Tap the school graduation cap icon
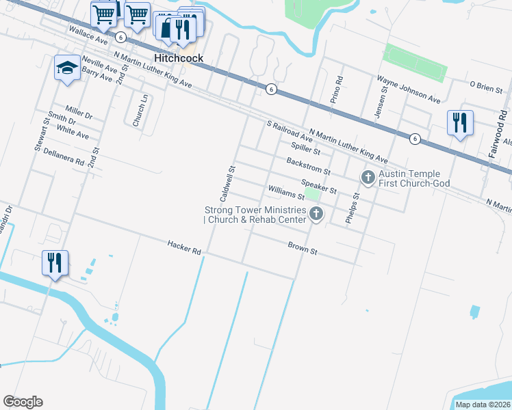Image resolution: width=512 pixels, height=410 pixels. pyautogui.click(x=66, y=68)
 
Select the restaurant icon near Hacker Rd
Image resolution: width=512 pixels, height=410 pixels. pyautogui.click(x=54, y=262)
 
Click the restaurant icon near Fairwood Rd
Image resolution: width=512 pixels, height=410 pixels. pyautogui.click(x=459, y=123)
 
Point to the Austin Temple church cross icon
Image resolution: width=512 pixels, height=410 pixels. pyautogui.click(x=368, y=178)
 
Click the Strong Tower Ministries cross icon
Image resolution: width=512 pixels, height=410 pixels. pyautogui.click(x=316, y=215)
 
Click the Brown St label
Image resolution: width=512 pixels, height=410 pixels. pyautogui.click(x=303, y=247)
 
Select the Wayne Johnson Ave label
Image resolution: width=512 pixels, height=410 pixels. pyautogui.click(x=409, y=90)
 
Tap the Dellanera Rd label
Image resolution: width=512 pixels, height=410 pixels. pyautogui.click(x=63, y=159)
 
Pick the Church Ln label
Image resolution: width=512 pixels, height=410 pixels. pyautogui.click(x=138, y=111)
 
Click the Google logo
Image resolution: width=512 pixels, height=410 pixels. pyautogui.click(x=23, y=402)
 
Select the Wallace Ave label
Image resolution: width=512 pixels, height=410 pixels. pyautogui.click(x=89, y=36)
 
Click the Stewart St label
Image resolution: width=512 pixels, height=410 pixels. pyautogui.click(x=40, y=136)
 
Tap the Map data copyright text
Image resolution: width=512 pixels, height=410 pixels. pyautogui.click(x=483, y=405)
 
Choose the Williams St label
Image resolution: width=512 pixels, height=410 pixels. pyautogui.click(x=285, y=192)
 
